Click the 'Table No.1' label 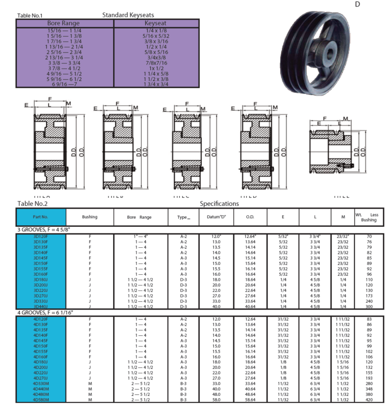point(29,15)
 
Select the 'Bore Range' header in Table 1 point(63,23)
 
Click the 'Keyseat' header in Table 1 point(156,23)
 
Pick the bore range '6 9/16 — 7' point(63,84)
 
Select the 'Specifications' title point(219,203)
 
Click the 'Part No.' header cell point(41,217)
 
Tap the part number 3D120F point(41,237)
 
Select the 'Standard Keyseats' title point(128,15)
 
